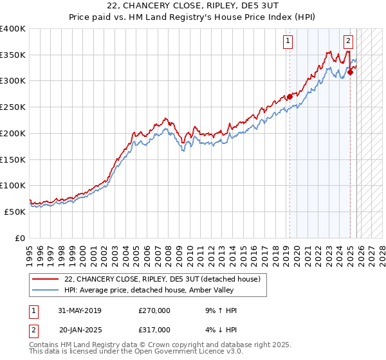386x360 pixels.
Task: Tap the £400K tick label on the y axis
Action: coord(13,29)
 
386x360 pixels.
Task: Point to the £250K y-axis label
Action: coord(13,107)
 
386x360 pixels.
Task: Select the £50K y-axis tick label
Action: coord(15,212)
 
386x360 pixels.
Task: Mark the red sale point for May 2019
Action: coord(289,97)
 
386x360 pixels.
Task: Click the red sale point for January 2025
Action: coord(350,73)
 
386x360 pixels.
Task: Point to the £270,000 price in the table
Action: coord(154,311)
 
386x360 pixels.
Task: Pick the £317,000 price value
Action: coord(154,329)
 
